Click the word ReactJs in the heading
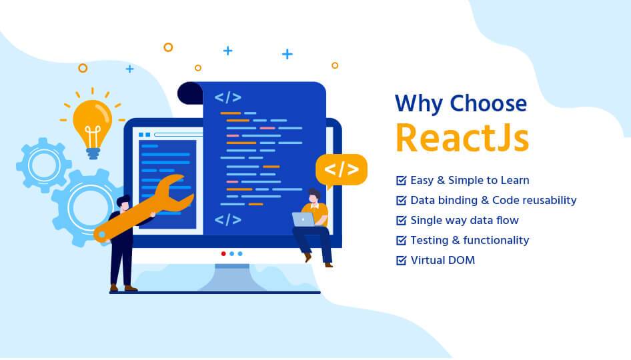(x=462, y=137)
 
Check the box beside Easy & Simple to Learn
(x=402, y=180)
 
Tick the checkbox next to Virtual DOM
(x=402, y=260)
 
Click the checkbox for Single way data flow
(x=402, y=220)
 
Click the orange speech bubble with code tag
(x=341, y=169)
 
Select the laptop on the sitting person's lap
(x=304, y=219)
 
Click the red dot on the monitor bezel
(x=223, y=253)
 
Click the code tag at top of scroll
(x=227, y=97)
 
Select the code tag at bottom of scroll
(x=227, y=219)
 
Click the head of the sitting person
(x=313, y=195)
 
